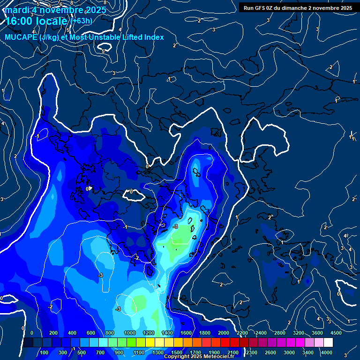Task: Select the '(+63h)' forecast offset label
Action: [81, 21]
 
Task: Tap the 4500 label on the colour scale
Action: [336, 333]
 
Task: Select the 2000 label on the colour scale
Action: [224, 333]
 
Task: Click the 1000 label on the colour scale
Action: [130, 333]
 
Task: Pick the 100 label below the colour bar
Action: [45, 352]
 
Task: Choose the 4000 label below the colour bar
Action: [327, 352]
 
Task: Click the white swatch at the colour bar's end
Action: [328, 343]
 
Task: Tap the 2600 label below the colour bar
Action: [270, 352]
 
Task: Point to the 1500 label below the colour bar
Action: [177, 352]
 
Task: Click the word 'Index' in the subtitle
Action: [154, 37]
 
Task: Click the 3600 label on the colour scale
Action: [317, 333]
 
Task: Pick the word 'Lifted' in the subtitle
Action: [132, 37]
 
